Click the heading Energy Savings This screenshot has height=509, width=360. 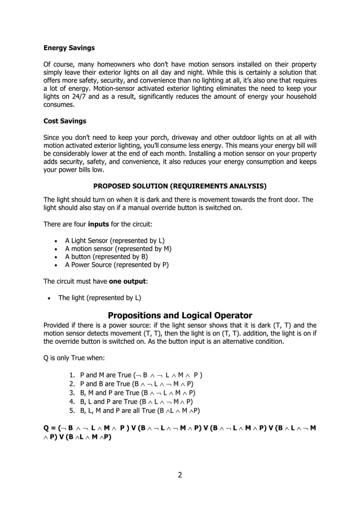pyautogui.click(x=69, y=48)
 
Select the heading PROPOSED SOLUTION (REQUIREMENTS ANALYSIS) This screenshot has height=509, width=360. pyautogui.click(x=180, y=186)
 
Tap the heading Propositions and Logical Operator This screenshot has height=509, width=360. pyautogui.click(x=180, y=315)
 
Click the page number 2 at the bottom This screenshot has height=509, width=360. pyautogui.click(x=180, y=474)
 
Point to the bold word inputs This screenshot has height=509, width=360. pyautogui.click(x=99, y=224)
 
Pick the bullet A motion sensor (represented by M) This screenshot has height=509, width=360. pyautogui.click(x=118, y=248)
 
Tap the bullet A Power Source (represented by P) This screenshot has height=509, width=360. pyautogui.click(x=117, y=264)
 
